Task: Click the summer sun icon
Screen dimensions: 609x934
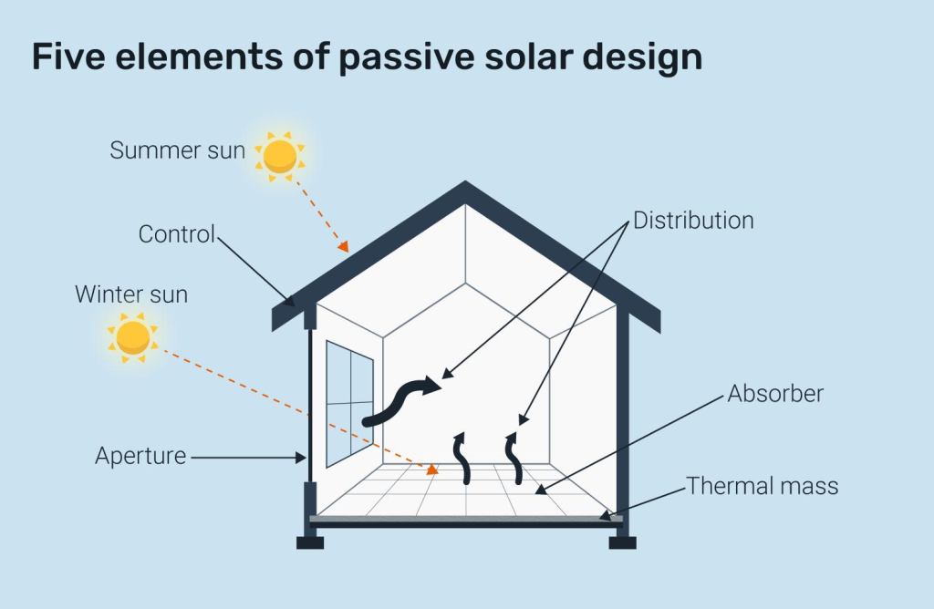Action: pyautogui.click(x=279, y=155)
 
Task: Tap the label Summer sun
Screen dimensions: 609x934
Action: pyautogui.click(x=177, y=150)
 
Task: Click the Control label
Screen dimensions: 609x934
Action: pyautogui.click(x=176, y=234)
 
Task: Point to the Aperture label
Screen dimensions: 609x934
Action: pyautogui.click(x=140, y=456)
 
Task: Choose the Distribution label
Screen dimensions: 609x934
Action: pyautogui.click(x=693, y=221)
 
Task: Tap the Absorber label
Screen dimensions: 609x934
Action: pyautogui.click(x=775, y=394)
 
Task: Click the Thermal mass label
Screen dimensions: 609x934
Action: pyautogui.click(x=762, y=486)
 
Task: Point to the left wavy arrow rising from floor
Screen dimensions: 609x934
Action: pyautogui.click(x=462, y=459)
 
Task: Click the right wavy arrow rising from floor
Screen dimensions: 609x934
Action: pyautogui.click(x=514, y=459)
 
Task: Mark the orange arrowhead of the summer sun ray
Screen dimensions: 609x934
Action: pyautogui.click(x=343, y=245)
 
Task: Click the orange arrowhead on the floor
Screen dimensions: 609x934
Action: pyautogui.click(x=431, y=470)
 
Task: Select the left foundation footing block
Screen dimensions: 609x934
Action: pyautogui.click(x=310, y=542)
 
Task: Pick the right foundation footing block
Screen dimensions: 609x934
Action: pyautogui.click(x=622, y=542)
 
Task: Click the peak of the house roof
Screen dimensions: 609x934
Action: pyautogui.click(x=466, y=187)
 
